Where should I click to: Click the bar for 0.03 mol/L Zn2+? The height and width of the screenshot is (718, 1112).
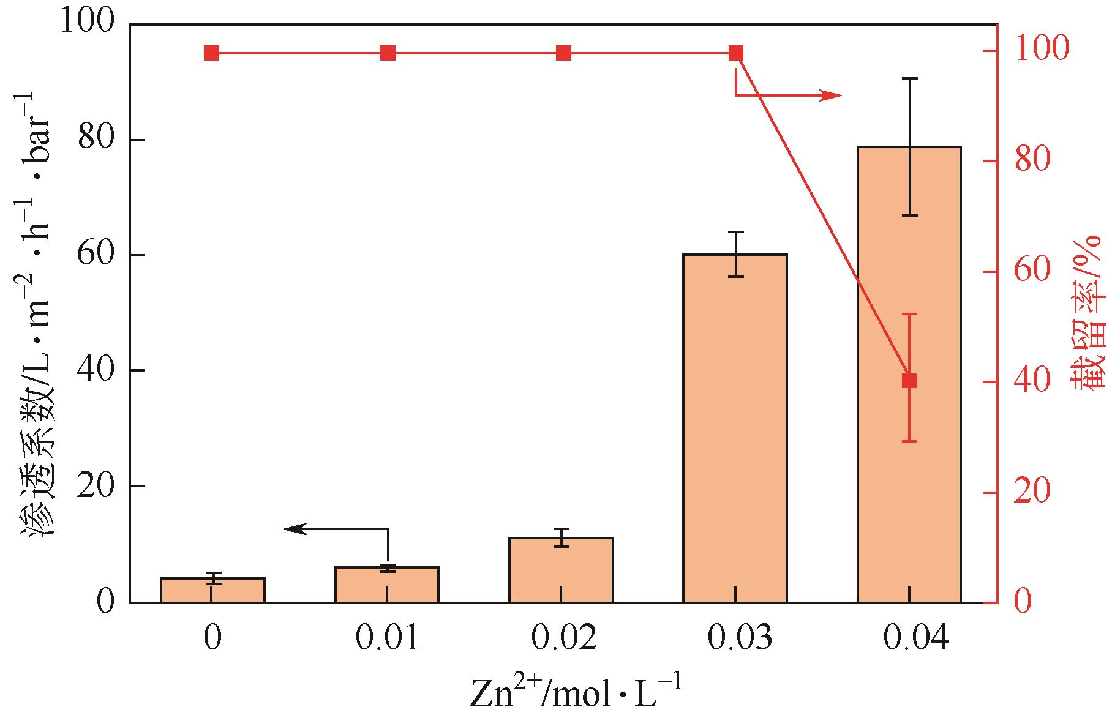point(735,428)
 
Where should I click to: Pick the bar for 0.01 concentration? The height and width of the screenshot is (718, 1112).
point(387,585)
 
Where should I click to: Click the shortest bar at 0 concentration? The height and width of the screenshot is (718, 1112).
point(212,590)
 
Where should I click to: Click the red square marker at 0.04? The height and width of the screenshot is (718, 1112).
point(909,381)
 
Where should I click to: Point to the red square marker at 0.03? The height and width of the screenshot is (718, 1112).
point(736,53)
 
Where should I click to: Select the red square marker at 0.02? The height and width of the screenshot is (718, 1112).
point(563,53)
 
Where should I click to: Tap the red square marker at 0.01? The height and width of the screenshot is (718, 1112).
point(388,53)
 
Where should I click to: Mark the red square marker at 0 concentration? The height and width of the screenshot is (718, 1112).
point(211,53)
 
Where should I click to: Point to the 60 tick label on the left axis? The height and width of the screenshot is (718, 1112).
point(96,255)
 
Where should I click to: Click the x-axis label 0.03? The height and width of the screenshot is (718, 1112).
point(739,638)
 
